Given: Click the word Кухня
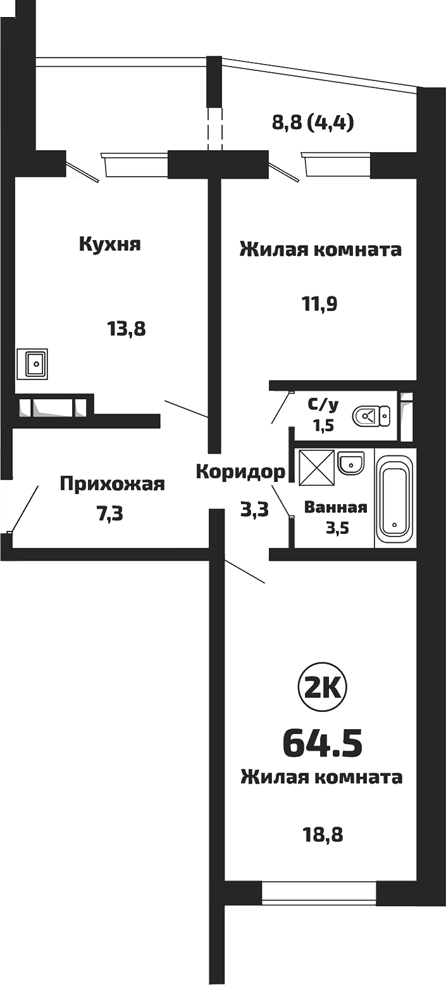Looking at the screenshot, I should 109,245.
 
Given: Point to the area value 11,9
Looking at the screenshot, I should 319,305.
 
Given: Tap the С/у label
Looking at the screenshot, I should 322,404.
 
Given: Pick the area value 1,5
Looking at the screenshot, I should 321,424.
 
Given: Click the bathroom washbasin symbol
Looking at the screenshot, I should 350,462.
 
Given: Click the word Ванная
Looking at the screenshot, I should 335,507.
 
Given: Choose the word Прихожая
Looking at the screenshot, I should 112,485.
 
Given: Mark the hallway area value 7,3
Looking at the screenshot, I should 109,512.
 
